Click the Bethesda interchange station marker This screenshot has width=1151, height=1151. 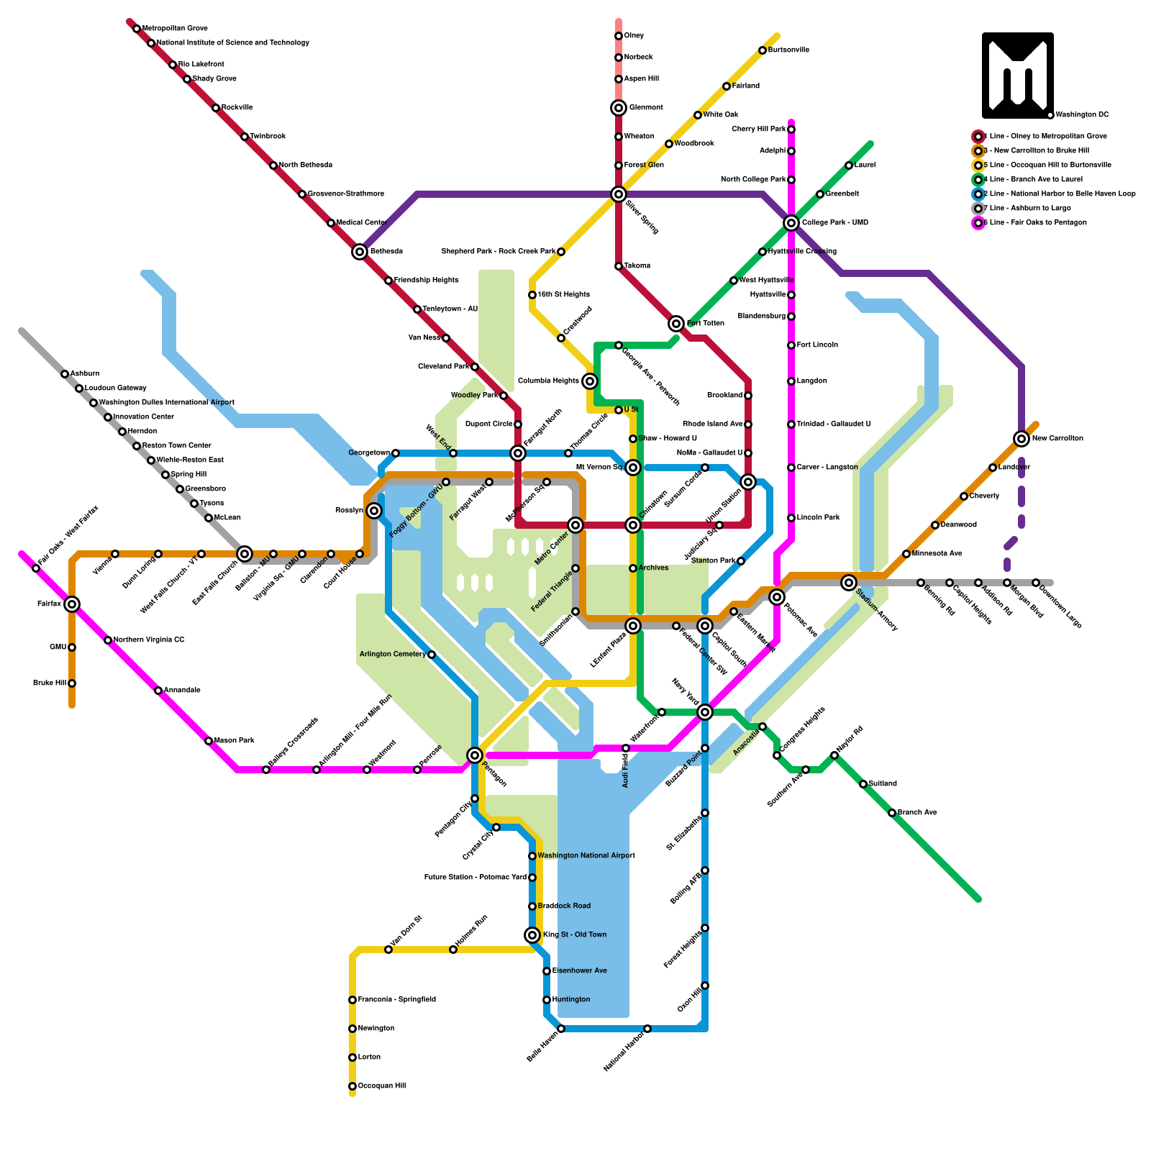[x=360, y=252]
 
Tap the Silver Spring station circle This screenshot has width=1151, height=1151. [x=619, y=194]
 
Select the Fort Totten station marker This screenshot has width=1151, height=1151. [x=676, y=324]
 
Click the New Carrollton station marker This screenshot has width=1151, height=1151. [x=1022, y=439]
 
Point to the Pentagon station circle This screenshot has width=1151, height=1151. [x=475, y=755]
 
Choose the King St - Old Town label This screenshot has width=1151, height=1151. [x=575, y=935]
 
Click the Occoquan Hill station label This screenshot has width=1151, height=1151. [x=382, y=1086]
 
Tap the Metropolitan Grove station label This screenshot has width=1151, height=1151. [x=175, y=29]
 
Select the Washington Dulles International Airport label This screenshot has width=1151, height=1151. [x=166, y=403]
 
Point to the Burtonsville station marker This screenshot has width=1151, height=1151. [x=763, y=50]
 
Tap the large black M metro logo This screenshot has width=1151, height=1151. [x=1018, y=76]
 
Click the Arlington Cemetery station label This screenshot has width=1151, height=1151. [x=393, y=655]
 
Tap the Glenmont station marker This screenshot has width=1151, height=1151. [x=619, y=108]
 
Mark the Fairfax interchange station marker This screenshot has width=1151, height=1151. [x=72, y=604]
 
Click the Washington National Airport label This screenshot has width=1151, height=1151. [x=586, y=856]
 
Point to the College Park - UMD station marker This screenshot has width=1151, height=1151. [x=791, y=223]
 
